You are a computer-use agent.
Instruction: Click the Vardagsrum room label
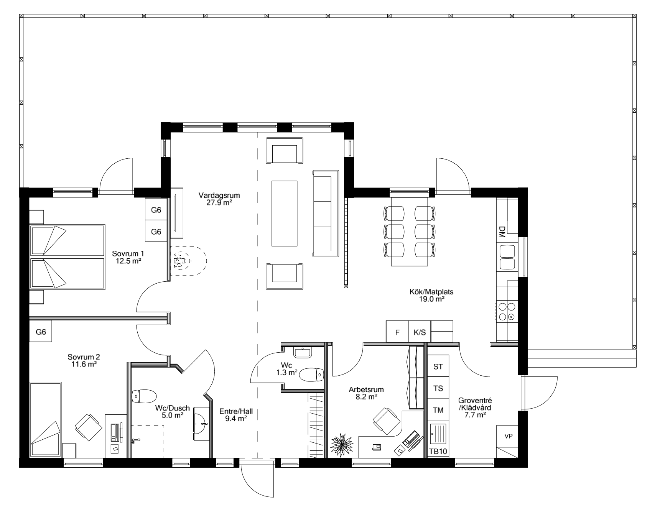[x=219, y=195]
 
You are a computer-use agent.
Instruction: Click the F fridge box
[x=397, y=332]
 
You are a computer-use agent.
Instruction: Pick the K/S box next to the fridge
[x=420, y=332]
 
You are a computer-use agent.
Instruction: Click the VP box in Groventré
[x=509, y=436]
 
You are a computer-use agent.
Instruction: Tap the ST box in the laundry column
[x=438, y=366]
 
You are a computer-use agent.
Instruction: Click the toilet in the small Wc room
[x=311, y=375]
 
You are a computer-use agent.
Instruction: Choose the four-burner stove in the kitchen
[x=507, y=311]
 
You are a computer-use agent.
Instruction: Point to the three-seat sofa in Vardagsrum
[x=326, y=214]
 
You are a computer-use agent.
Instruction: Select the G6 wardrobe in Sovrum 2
[x=41, y=332]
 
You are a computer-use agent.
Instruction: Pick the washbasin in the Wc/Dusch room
[x=202, y=424]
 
